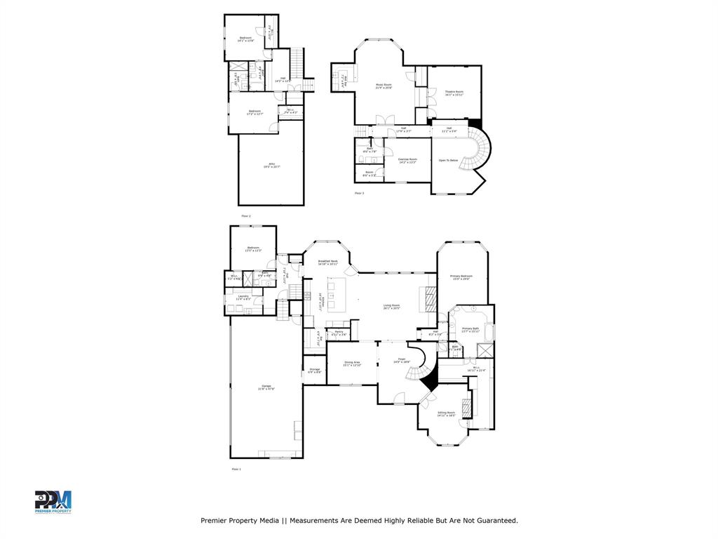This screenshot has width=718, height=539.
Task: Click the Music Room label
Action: (384, 84)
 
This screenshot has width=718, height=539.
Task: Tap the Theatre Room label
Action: (454, 91)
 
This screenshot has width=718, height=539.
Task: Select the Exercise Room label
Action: (407, 159)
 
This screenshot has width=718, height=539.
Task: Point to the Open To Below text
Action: (448, 161)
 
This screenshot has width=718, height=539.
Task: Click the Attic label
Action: (266, 164)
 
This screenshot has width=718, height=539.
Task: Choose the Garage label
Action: (266, 386)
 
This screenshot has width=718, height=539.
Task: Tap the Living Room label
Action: (391, 305)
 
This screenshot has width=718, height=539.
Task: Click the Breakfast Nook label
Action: (327, 261)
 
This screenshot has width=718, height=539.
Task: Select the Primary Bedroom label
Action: (461, 276)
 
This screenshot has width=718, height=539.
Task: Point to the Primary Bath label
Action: (470, 328)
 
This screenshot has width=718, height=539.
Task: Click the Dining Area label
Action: (352, 363)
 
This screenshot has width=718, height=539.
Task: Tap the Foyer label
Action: (401, 359)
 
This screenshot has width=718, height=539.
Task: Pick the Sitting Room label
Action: (447, 413)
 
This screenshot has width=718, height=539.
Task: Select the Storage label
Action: (314, 369)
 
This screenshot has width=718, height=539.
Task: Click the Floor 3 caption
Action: (359, 193)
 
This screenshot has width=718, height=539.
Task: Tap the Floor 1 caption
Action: (236, 468)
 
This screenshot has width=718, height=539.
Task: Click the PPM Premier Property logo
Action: (53, 502)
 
